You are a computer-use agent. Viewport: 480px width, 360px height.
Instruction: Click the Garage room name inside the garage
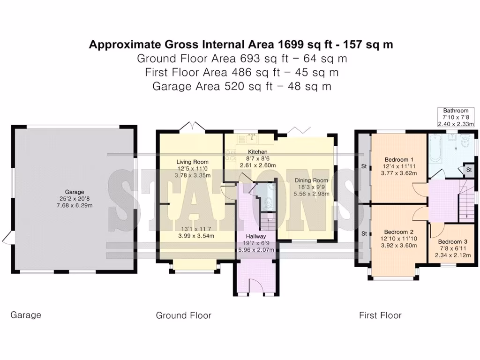pyautogui.click(x=75, y=192)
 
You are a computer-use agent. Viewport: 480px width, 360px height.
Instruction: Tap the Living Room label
pyautogui.click(x=192, y=162)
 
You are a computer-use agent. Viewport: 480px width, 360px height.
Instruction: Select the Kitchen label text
pyautogui.click(x=257, y=152)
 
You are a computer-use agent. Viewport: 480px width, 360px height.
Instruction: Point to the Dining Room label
pyautogui.click(x=311, y=180)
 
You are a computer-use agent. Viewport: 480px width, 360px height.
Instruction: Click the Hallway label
pyautogui.click(x=256, y=236)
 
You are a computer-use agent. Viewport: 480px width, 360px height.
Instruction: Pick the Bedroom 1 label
pyautogui.click(x=399, y=159)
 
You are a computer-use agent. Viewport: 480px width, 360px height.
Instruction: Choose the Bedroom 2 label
pyautogui.click(x=398, y=232)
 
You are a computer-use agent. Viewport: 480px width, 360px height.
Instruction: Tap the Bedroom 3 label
pyautogui.click(x=452, y=242)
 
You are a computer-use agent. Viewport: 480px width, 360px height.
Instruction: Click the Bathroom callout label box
pyautogui.click(x=456, y=117)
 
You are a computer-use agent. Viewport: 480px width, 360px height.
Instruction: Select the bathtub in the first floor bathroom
pyautogui.click(x=435, y=148)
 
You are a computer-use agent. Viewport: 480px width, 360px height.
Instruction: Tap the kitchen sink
pyautogui.click(x=252, y=138)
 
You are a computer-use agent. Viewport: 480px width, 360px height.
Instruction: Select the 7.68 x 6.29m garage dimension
pyautogui.click(x=75, y=205)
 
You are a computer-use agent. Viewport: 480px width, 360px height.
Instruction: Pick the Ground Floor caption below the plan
pyautogui.click(x=184, y=315)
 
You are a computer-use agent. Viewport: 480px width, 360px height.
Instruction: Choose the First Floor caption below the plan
pyautogui.click(x=380, y=315)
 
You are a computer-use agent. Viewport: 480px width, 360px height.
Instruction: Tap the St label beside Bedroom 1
pyautogui.click(x=364, y=166)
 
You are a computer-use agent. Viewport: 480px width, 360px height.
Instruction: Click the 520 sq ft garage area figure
pyautogui.click(x=248, y=86)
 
